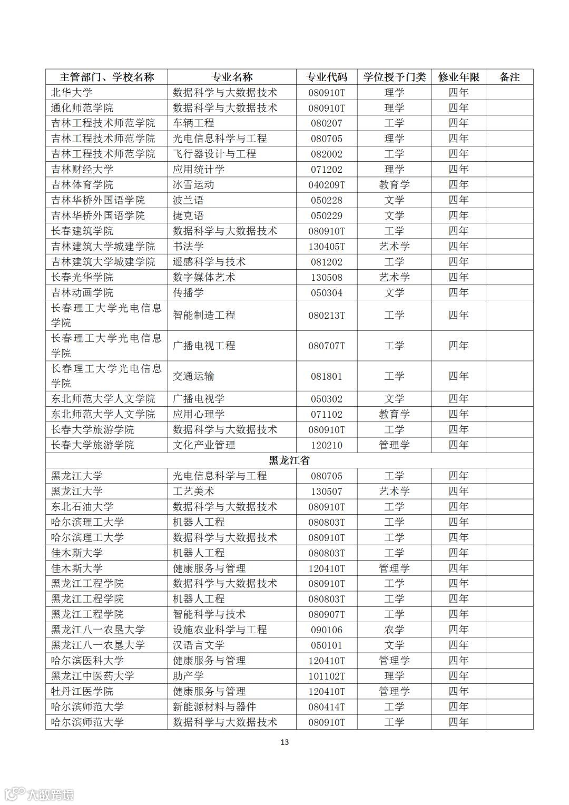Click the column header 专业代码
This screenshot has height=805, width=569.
coord(327,77)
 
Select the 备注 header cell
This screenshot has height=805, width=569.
coord(509,77)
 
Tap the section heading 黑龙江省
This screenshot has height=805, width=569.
coord(289,460)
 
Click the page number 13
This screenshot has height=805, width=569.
coord(284,742)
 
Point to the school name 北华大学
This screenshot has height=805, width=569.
coord(72,93)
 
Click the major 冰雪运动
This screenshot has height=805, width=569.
coord(193,185)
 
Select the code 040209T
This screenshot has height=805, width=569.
coord(327,185)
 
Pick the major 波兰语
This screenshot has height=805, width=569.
coord(188,200)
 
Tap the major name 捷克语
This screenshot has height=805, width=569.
coord(188,215)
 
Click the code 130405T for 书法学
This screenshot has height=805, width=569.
coord(327,247)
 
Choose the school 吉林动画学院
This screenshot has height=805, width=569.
coord(82,292)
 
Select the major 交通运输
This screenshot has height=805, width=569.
coord(193,376)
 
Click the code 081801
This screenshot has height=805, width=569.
coord(327,376)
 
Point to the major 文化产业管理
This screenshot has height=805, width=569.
coord(204,445)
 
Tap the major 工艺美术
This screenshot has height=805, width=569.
coord(193,491)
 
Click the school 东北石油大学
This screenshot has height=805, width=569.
coord(82,507)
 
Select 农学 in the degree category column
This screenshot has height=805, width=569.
coord(394,630)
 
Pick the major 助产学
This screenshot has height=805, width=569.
coord(188,676)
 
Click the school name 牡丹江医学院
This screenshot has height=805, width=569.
coord(82,691)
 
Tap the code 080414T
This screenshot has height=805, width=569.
coord(327,706)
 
